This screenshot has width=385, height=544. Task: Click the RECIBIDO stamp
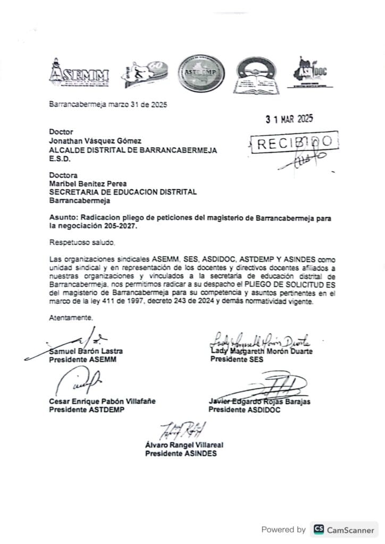click(x=294, y=142)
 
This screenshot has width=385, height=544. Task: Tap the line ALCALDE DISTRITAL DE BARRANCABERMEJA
click(x=133, y=150)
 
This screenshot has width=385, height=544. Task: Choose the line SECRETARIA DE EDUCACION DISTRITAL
click(x=116, y=192)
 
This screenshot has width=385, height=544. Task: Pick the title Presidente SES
click(x=237, y=360)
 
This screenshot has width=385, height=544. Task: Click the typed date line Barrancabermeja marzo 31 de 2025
click(x=108, y=105)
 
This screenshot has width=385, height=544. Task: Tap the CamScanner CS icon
click(x=319, y=529)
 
